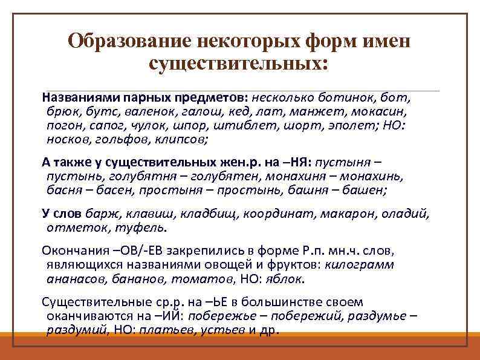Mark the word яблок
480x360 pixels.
pos(288,279)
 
